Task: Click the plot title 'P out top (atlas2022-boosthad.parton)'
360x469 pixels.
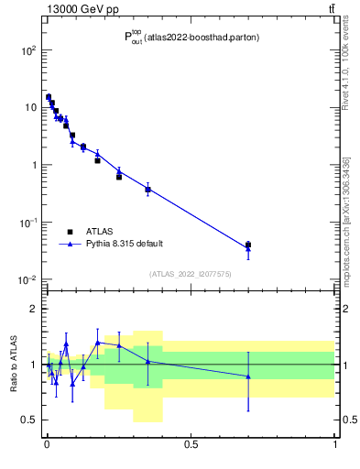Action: (x=191, y=38)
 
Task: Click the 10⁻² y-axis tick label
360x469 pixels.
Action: (x=27, y=280)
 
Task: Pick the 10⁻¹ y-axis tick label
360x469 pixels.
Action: (x=27, y=223)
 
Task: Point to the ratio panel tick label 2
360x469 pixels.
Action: (x=34, y=309)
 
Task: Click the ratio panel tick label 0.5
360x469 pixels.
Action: (x=29, y=420)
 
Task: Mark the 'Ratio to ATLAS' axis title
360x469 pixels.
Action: (x=14, y=365)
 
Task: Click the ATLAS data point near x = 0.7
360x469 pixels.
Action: (x=248, y=245)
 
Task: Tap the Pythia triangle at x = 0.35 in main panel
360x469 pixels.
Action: (x=147, y=189)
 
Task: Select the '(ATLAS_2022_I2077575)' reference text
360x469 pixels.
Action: (x=191, y=273)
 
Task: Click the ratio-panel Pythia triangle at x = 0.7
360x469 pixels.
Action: (x=248, y=376)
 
